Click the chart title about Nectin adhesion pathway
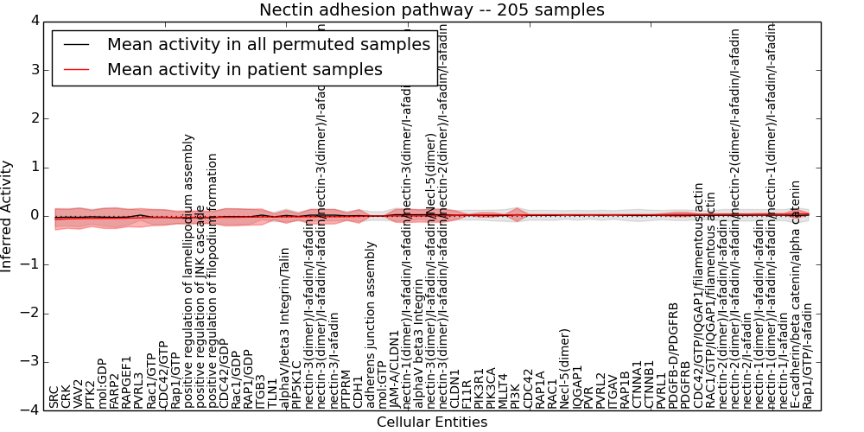pyautogui.click(x=432, y=10)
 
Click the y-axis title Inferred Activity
pyautogui.click(x=8, y=215)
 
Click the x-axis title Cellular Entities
pyautogui.click(x=432, y=422)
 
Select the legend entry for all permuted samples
pyautogui.click(x=268, y=45)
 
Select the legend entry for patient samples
pyautogui.click(x=245, y=69)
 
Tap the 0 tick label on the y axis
pyautogui.click(x=35, y=215)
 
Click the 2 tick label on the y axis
pyautogui.click(x=35, y=118)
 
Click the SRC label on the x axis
pyautogui.click(x=54, y=397)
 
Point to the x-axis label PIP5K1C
pyautogui.click(x=297, y=384)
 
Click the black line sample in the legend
pyautogui.click(x=76, y=45)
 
